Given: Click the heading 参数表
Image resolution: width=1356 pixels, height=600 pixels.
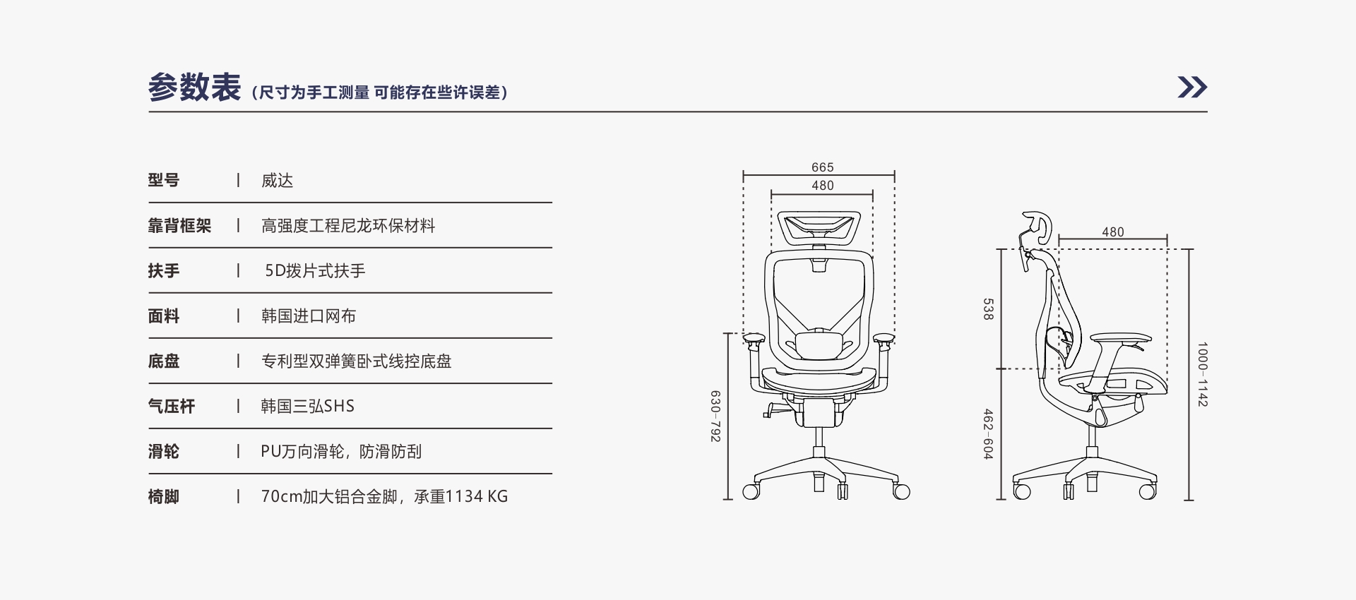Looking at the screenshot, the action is coord(194,88).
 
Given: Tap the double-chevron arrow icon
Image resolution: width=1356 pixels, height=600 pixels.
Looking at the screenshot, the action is coord(1192,87).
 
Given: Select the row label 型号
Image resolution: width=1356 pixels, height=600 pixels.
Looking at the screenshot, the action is coord(164,180).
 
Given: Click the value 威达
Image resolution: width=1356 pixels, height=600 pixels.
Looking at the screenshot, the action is coord(277,181).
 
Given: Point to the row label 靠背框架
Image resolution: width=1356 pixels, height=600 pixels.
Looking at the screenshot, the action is coord(179,225).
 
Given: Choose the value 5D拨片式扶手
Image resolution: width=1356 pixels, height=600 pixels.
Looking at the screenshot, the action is coord(315,270).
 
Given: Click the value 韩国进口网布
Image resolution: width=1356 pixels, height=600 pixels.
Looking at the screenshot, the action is coord(309,316).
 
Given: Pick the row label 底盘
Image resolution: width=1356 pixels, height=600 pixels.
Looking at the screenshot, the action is coord(164,361).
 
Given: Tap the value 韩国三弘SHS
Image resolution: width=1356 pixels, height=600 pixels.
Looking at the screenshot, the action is coord(308,406).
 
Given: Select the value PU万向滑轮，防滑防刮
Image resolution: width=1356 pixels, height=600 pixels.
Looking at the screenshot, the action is coord(341,451).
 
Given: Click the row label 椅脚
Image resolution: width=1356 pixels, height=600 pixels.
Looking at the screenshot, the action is coord(164,496).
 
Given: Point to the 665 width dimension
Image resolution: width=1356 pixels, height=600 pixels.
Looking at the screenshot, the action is coord(823,167).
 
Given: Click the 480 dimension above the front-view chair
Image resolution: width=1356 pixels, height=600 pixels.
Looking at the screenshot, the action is coord(823,186).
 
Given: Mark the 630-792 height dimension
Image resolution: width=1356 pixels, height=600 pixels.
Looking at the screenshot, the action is coord(715,416).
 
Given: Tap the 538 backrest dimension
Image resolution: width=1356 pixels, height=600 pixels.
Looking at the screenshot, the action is coord(988,309).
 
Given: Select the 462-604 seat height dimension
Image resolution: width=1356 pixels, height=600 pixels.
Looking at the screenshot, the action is coord(988,434).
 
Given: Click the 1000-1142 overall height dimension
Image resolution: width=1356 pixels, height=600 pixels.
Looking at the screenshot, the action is coord(1203,374).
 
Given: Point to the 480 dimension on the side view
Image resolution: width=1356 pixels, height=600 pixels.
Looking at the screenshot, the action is coord(1113,232).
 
